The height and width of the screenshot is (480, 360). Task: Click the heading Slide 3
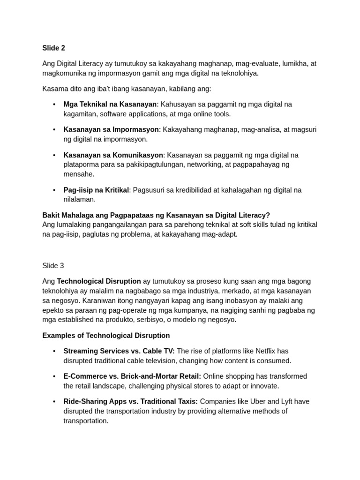[x=53, y=266]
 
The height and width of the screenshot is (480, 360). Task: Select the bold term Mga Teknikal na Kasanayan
[x=110, y=104]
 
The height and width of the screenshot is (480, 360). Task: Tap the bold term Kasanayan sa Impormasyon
[x=111, y=129]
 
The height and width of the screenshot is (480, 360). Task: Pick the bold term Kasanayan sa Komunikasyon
[x=113, y=155]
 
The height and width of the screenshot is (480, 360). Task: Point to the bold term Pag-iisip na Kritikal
[x=96, y=190]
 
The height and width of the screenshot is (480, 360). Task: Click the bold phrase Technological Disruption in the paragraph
[x=99, y=281]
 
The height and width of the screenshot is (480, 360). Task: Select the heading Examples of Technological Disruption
[x=106, y=336]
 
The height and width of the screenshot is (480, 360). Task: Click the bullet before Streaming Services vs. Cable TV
[x=54, y=351]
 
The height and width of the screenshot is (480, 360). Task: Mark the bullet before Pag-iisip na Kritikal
[x=54, y=190]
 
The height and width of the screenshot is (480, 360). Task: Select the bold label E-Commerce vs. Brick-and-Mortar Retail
[x=132, y=376]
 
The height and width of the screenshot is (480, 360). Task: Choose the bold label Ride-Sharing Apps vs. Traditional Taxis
[x=130, y=402]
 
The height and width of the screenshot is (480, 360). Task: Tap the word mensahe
[x=79, y=174]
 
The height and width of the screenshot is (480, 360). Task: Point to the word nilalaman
[x=79, y=199]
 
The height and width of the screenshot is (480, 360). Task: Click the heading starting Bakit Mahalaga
[x=156, y=215]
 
